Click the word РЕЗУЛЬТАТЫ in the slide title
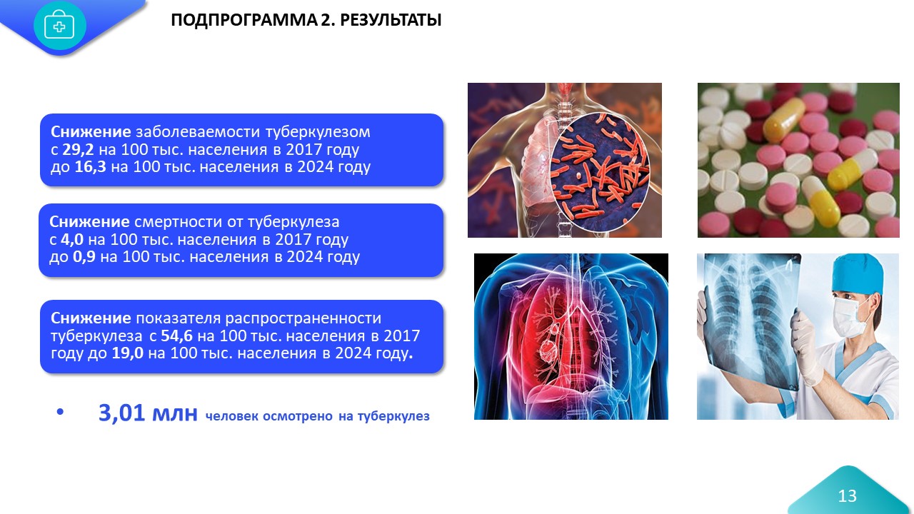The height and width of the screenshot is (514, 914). tap(391, 20)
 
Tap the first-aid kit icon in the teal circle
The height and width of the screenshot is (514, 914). tap(59, 25)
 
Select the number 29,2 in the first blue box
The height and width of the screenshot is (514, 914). tap(78, 150)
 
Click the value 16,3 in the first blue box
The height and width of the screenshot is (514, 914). tap(90, 167)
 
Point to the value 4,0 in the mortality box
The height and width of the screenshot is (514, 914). tap(72, 239)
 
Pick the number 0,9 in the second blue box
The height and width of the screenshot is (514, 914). tap(84, 257)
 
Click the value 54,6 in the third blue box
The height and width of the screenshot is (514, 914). tap(176, 336)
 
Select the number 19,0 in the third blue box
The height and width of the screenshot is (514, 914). tap(128, 353)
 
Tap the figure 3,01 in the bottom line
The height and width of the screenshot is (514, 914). tap(121, 413)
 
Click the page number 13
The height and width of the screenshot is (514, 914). tap(847, 496)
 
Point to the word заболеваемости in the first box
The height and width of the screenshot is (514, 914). tap(198, 132)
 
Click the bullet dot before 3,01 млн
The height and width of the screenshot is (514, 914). tap(61, 412)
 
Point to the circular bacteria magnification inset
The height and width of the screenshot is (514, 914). tap(600, 170)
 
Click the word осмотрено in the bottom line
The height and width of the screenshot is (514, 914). tap(298, 416)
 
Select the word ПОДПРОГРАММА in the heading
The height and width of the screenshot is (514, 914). tap(243, 20)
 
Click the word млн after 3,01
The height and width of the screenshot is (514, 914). tap(175, 413)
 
